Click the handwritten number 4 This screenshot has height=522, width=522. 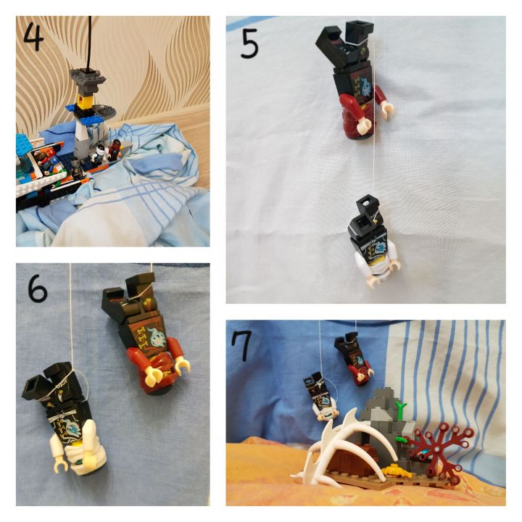click(33, 36)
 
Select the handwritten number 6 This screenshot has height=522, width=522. click(37, 289)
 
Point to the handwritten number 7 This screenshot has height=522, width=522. click(243, 347)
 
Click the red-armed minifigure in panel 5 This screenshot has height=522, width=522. click(355, 80)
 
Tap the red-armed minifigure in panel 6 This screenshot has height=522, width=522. click(146, 333)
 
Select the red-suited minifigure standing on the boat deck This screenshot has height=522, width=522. click(115, 149)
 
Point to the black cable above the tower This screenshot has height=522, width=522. click(90, 43)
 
